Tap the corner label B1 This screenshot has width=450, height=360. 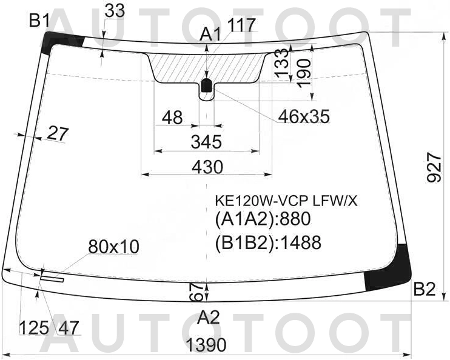click(39, 21)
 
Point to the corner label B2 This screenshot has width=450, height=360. click(425, 290)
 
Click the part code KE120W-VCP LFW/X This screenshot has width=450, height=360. click(286, 201)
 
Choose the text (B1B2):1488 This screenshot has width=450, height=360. click(267, 242)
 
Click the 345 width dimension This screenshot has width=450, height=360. click(206, 142)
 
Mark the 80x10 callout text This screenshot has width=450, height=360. click(113, 247)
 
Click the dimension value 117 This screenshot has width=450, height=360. click(242, 25)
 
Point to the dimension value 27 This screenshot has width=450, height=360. click(58, 134)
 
